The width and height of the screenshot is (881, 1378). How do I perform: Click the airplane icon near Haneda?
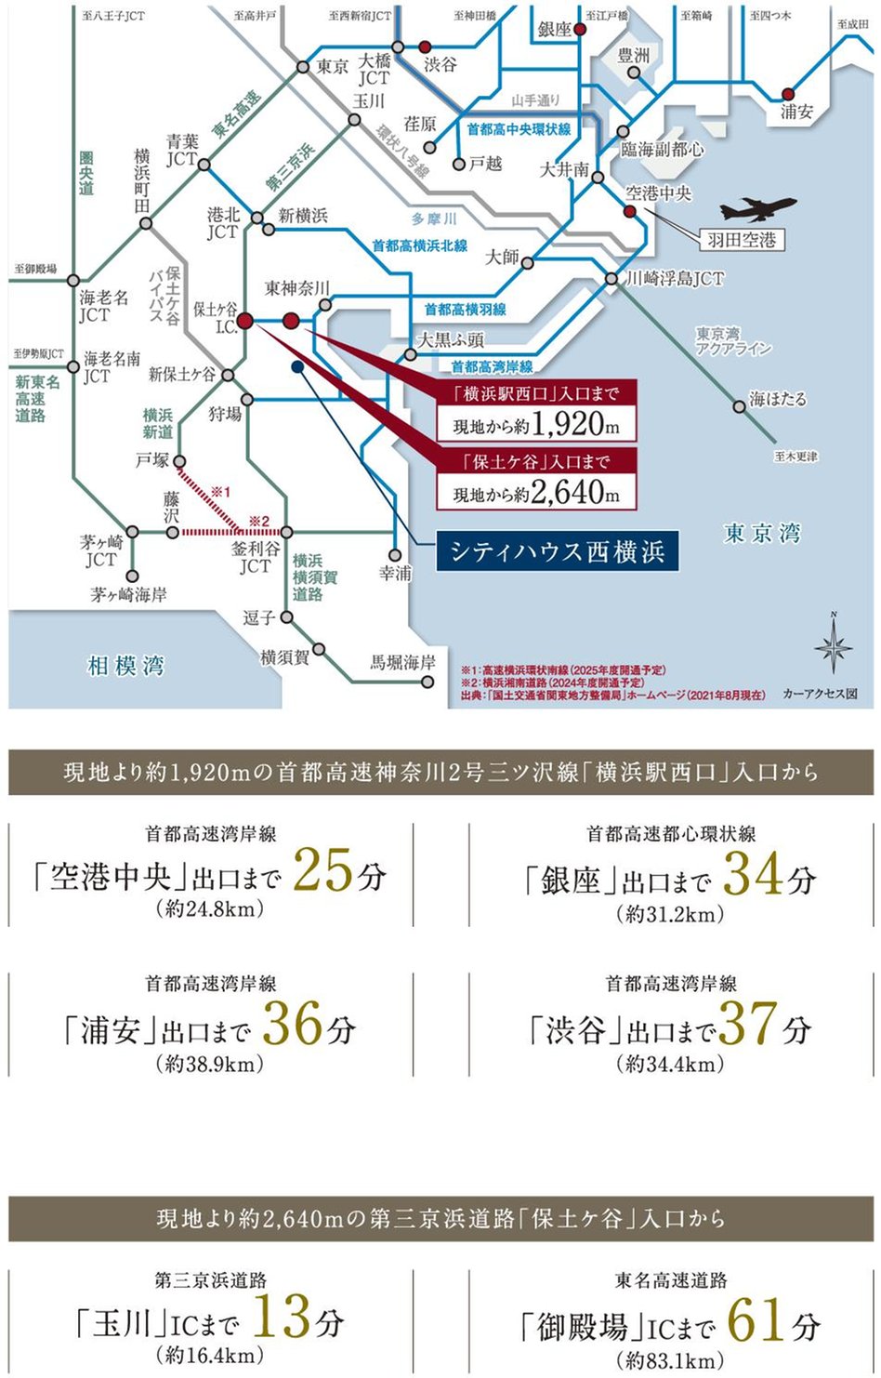[757, 209]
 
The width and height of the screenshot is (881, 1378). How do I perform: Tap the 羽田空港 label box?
[741, 240]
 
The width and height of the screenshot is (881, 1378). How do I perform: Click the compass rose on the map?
[833, 648]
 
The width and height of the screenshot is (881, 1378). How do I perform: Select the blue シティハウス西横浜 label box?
[558, 551]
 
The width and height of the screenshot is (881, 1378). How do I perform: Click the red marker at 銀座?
[580, 30]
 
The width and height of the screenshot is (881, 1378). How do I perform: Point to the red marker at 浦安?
[788, 93]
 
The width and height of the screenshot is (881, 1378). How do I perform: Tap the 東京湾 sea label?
[762, 534]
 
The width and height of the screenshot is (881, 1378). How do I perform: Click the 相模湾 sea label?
[125, 666]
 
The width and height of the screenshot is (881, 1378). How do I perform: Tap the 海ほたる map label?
[779, 399]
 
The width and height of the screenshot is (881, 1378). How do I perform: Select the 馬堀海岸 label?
[402, 662]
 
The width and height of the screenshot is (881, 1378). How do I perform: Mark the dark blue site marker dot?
[296, 367]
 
